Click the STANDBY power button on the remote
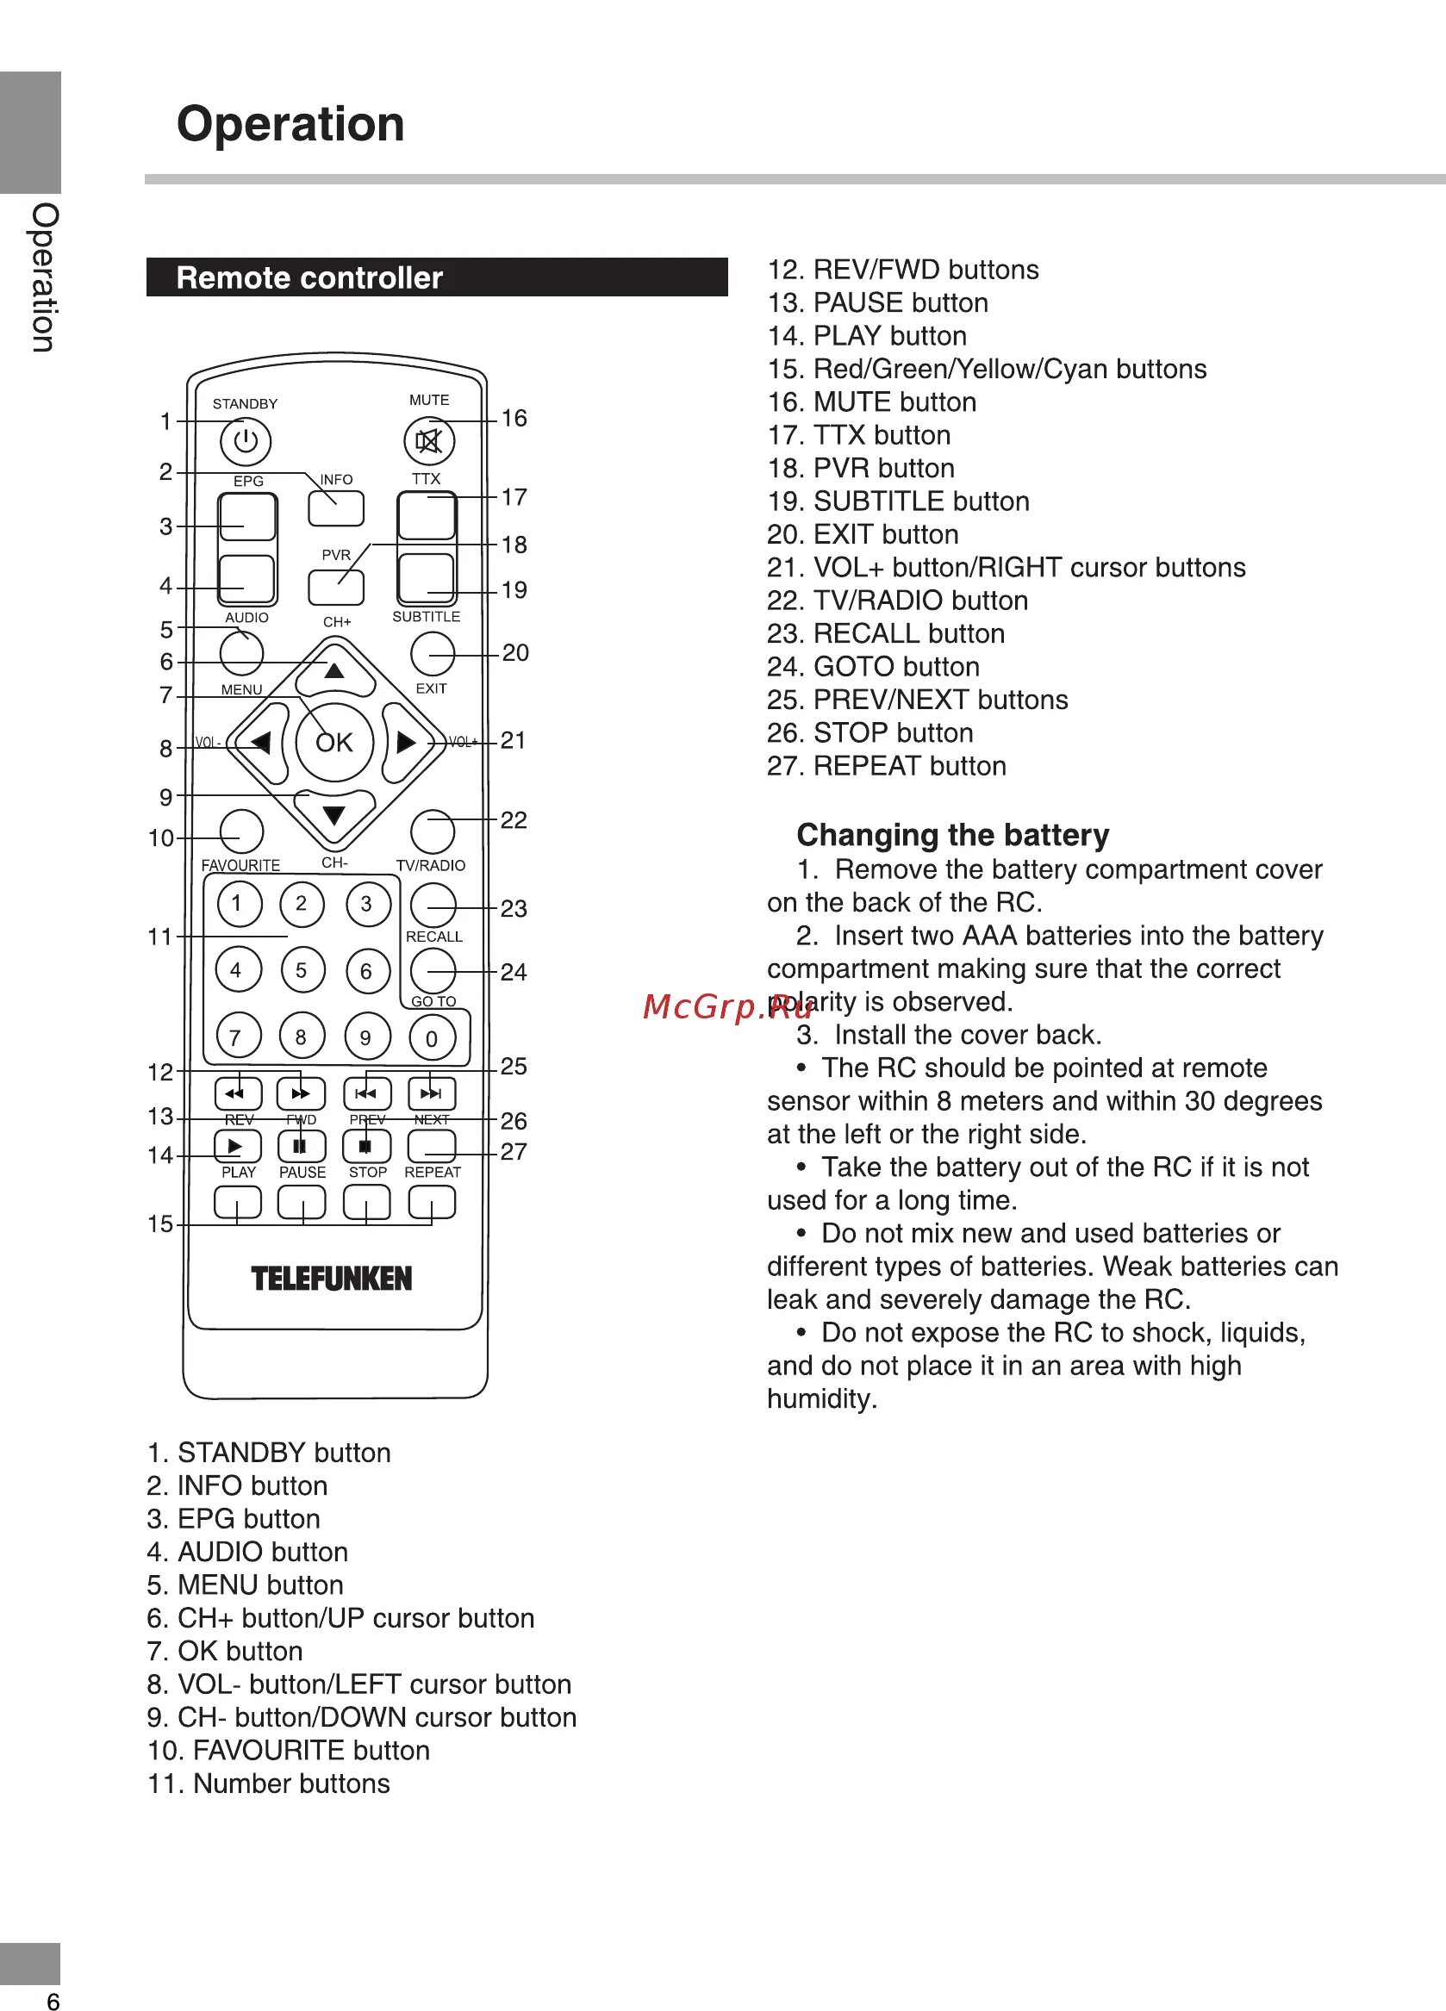(x=246, y=441)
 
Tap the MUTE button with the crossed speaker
(x=429, y=440)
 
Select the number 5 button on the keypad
(x=302, y=970)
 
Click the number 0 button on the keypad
(x=432, y=1038)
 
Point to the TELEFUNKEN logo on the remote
(x=332, y=1279)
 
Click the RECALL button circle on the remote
(x=433, y=906)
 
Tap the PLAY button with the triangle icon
(x=238, y=1147)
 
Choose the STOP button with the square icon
(x=366, y=1147)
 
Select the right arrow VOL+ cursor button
(x=406, y=742)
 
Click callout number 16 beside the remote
(x=514, y=419)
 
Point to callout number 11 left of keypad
(x=159, y=937)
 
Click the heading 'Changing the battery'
(x=952, y=835)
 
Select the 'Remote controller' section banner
(x=436, y=277)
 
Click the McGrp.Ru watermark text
(x=727, y=1006)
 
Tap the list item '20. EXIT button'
(x=863, y=535)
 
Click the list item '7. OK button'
(x=225, y=1651)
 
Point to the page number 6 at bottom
(x=53, y=2001)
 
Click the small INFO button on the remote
(x=336, y=508)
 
